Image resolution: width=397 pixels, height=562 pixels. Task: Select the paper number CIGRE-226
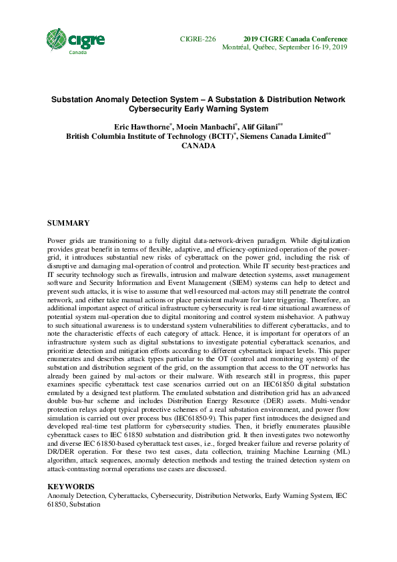(x=198, y=39)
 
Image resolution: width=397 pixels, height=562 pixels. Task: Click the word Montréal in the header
(x=236, y=48)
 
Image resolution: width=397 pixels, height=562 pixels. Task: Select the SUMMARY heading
(x=68, y=222)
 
